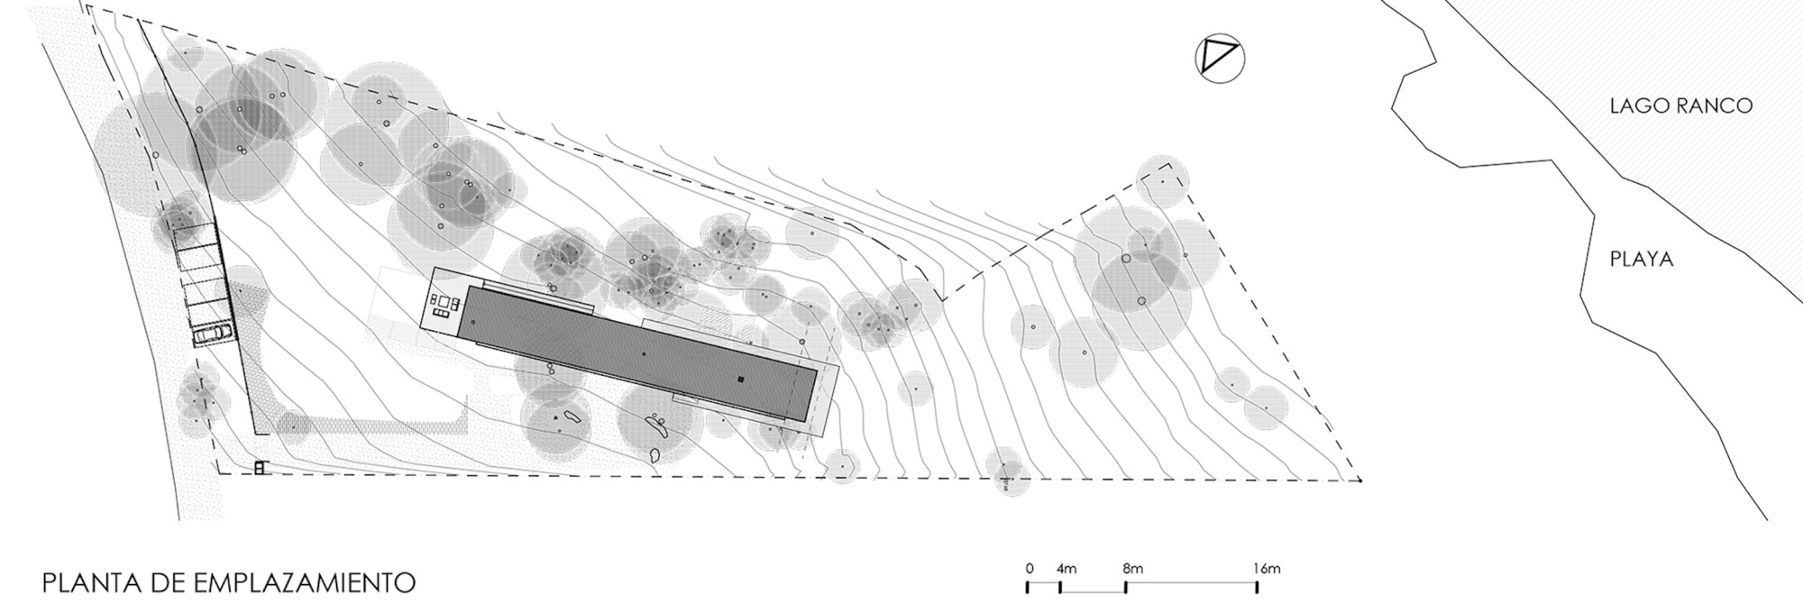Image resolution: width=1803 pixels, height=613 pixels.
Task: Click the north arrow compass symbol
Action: pyautogui.click(x=1220, y=59)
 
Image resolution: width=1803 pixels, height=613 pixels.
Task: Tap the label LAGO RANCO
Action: pyautogui.click(x=1680, y=105)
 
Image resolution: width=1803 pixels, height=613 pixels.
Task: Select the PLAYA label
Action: pyautogui.click(x=1642, y=260)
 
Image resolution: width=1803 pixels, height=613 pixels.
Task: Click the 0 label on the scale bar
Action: pyautogui.click(x=1029, y=569)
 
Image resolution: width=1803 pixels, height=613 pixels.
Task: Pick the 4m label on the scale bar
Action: pyautogui.click(x=1066, y=569)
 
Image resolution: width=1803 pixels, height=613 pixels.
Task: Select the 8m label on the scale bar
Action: pyautogui.click(x=1132, y=569)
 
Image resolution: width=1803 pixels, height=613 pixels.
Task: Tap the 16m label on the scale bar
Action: pyautogui.click(x=1266, y=569)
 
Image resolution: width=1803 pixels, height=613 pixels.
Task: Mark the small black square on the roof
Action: pyautogui.click(x=739, y=380)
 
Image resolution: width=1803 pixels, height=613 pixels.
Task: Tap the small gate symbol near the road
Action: pyautogui.click(x=261, y=468)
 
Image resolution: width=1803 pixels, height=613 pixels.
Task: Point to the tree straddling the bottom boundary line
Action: pyautogui.click(x=1007, y=471)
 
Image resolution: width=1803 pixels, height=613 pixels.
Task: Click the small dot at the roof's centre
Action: pyautogui.click(x=643, y=354)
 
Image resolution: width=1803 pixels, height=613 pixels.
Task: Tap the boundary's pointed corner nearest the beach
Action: pyautogui.click(x=1359, y=480)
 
